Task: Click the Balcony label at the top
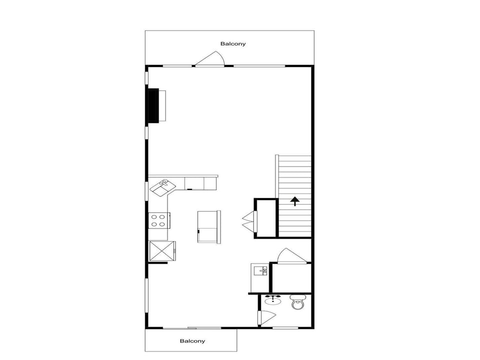[233, 44]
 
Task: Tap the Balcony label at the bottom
[192, 341]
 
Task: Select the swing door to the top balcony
[209, 59]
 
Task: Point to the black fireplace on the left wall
[153, 106]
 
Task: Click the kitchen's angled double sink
[162, 187]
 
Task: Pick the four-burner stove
[159, 220]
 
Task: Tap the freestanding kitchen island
[209, 227]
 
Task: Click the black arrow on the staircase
[295, 201]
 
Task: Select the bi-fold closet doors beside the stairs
[249, 221]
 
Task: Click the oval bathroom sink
[273, 300]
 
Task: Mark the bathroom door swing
[267, 318]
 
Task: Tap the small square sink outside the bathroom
[260, 270]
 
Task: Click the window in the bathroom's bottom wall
[285, 328]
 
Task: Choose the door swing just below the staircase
[291, 255]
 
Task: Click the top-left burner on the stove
[154, 217]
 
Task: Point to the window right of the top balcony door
[259, 66]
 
